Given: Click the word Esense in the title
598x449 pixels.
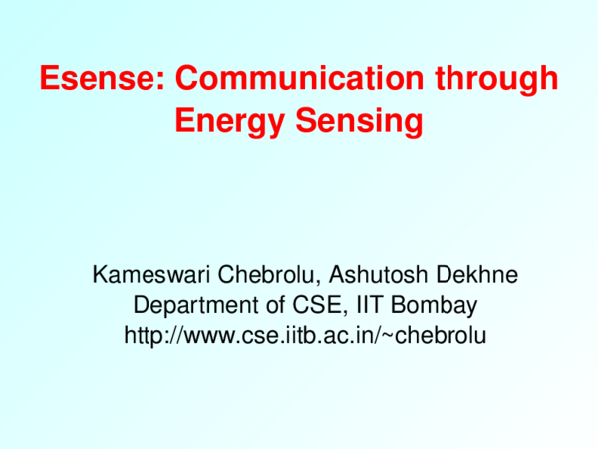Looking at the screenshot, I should (x=93, y=79).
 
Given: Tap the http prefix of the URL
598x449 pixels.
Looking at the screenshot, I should (x=143, y=336).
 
